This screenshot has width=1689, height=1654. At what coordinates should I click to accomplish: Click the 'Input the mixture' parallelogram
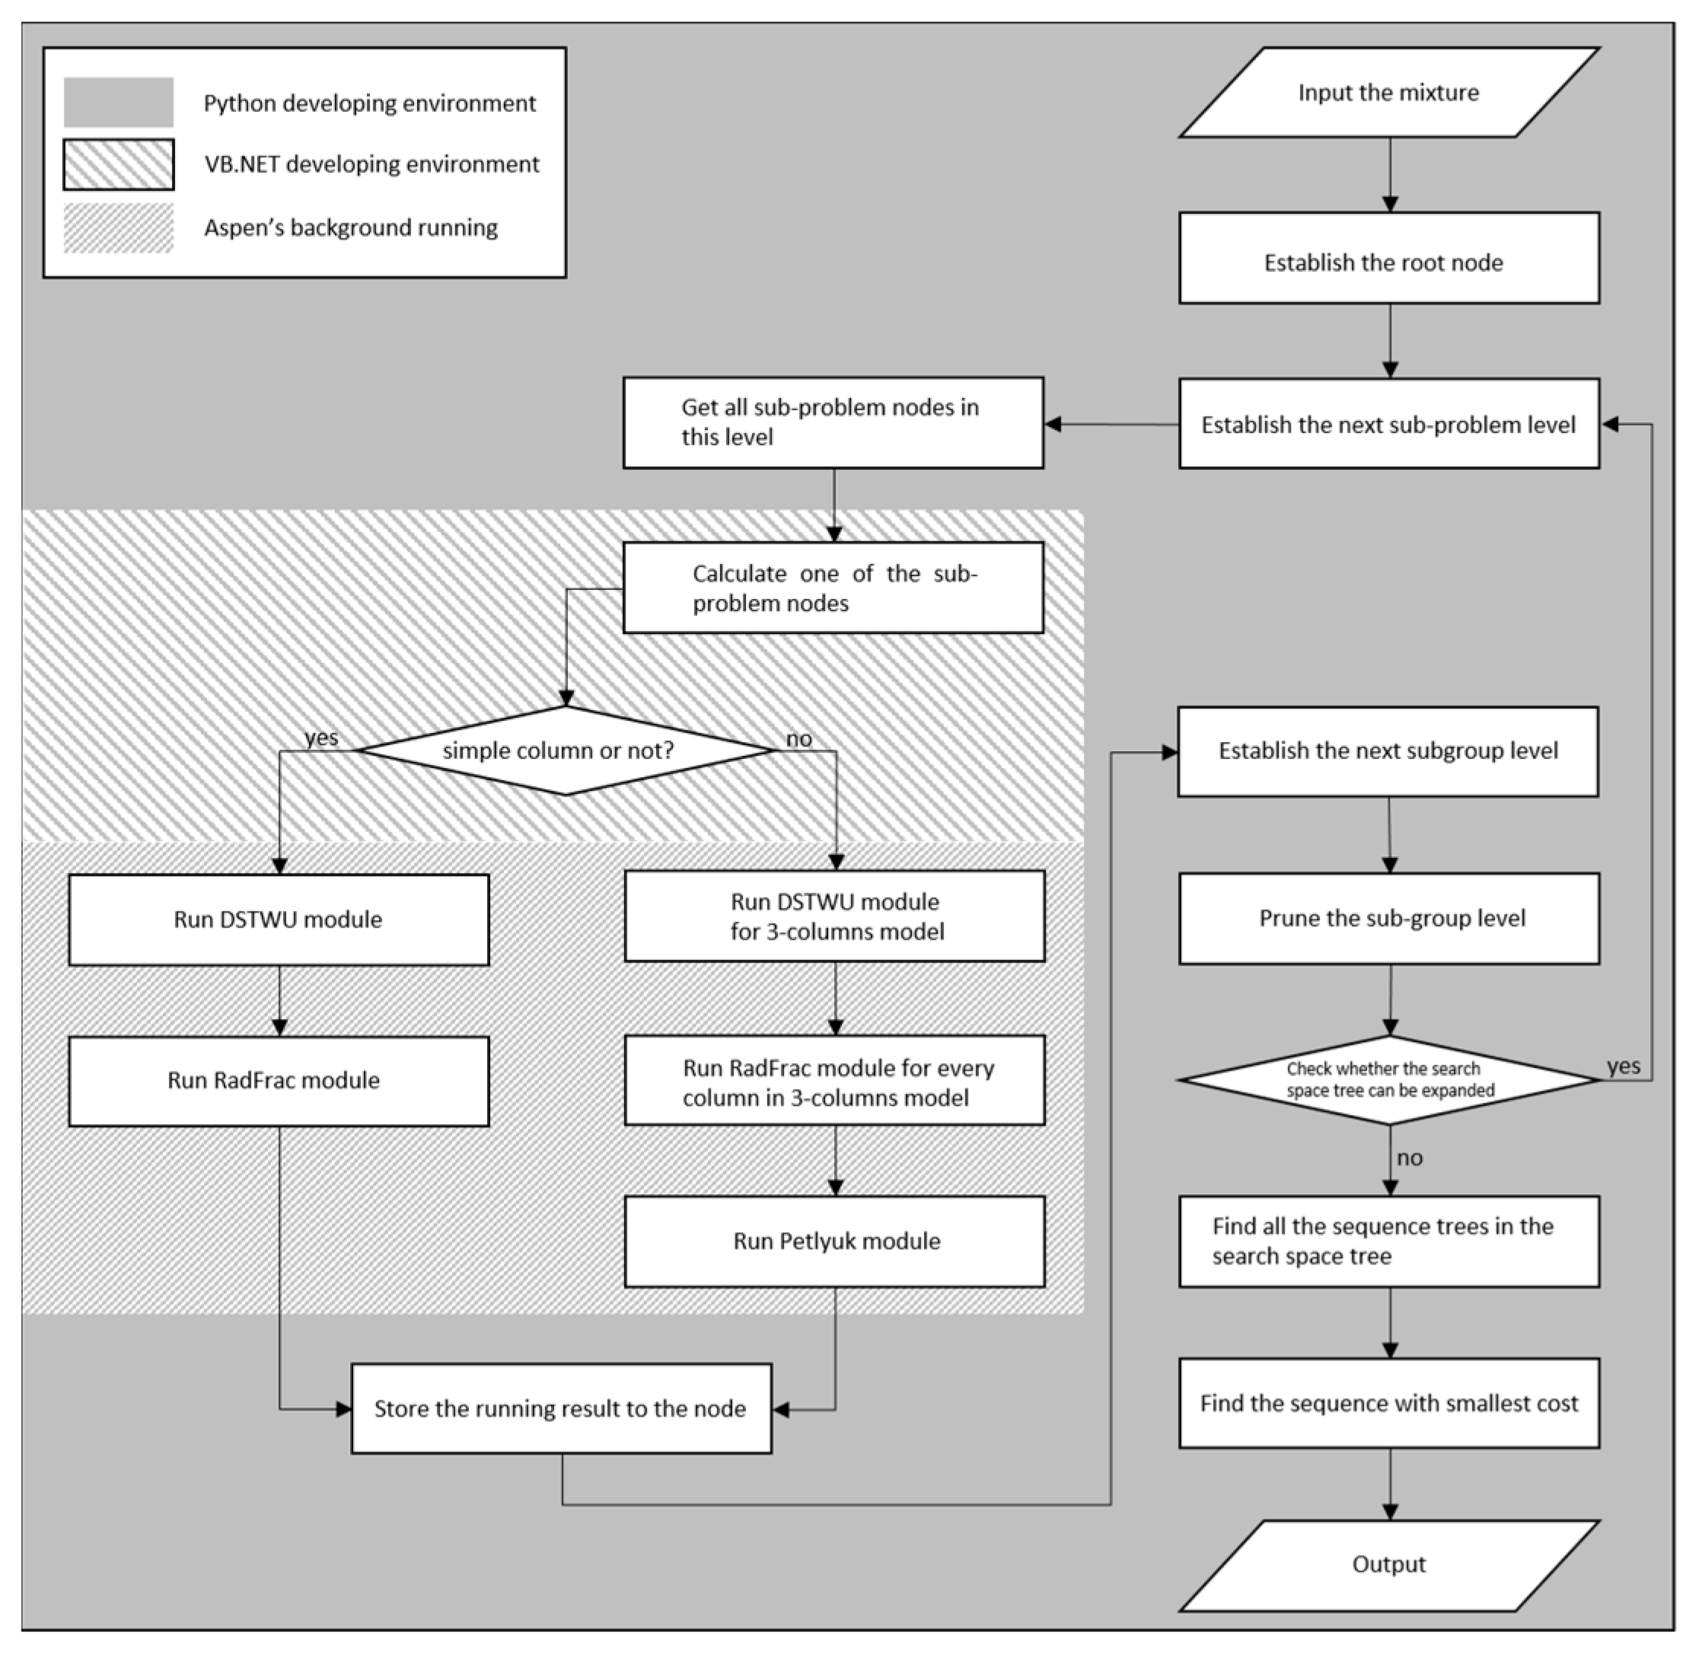pos(1388,92)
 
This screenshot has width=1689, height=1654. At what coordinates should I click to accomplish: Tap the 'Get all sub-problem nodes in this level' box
pos(833,422)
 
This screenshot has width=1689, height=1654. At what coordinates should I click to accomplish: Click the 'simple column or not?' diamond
pos(566,751)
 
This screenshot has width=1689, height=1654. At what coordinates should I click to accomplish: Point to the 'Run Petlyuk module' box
pos(834,1241)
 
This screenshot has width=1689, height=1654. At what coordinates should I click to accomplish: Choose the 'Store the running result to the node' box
pos(561,1408)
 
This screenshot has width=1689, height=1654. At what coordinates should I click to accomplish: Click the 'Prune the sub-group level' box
pos(1388,918)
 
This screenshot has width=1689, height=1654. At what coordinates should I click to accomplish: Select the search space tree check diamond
pos(1388,1080)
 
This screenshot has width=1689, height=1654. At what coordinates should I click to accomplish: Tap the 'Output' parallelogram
pos(1388,1564)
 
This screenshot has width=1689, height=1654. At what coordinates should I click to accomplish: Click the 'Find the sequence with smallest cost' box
pos(1388,1403)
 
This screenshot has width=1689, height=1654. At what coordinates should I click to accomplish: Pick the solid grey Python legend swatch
pos(118,103)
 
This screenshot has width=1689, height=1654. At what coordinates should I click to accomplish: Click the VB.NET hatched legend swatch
pos(118,164)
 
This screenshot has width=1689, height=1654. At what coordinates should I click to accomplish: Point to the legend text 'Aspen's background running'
pos(351,228)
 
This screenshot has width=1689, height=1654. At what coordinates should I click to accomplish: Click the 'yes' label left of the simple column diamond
pos(320,738)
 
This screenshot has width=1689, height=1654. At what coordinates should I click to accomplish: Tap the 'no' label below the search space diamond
pos(1409,1158)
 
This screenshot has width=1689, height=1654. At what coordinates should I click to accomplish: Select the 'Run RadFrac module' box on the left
pos(278,1081)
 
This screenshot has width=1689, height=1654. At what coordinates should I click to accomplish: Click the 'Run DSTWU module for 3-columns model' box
pos(834,916)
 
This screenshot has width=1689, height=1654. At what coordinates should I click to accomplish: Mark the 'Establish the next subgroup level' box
pos(1388,751)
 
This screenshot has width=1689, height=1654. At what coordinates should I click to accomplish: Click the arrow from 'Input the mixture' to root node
pos(1389,174)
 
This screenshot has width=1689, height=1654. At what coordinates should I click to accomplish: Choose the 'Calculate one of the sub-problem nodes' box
pos(833,588)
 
